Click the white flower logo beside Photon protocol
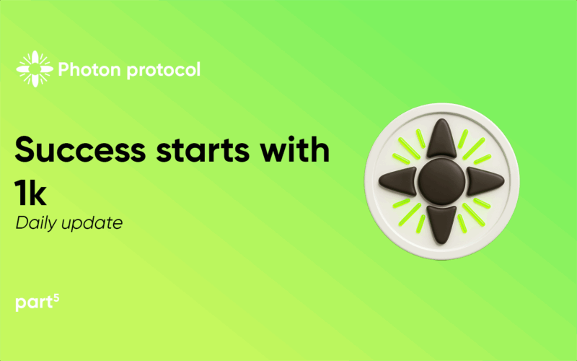tap(35, 69)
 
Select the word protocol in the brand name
tap(164, 70)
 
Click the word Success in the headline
tap(80, 149)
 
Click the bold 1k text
tap(31, 192)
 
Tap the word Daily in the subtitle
tap(35, 223)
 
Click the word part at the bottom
tap(34, 303)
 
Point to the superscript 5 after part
tap(56, 298)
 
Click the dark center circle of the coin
tap(441, 181)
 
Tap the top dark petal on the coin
tap(441, 138)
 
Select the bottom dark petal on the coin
tap(441, 225)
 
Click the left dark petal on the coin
tap(398, 181)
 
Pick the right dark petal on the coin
tap(485, 181)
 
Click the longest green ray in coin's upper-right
tap(473, 149)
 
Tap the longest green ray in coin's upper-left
tap(410, 149)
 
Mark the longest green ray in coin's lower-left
tap(410, 214)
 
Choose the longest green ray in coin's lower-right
tap(474, 214)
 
